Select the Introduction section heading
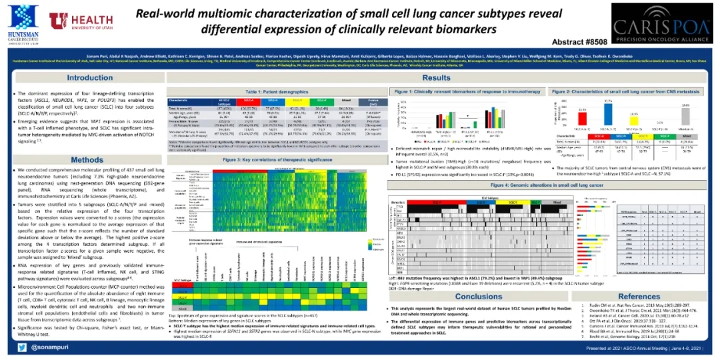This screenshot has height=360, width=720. [90, 78]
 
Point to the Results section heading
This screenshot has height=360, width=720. [437, 78]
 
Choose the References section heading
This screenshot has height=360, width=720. [639, 296]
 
